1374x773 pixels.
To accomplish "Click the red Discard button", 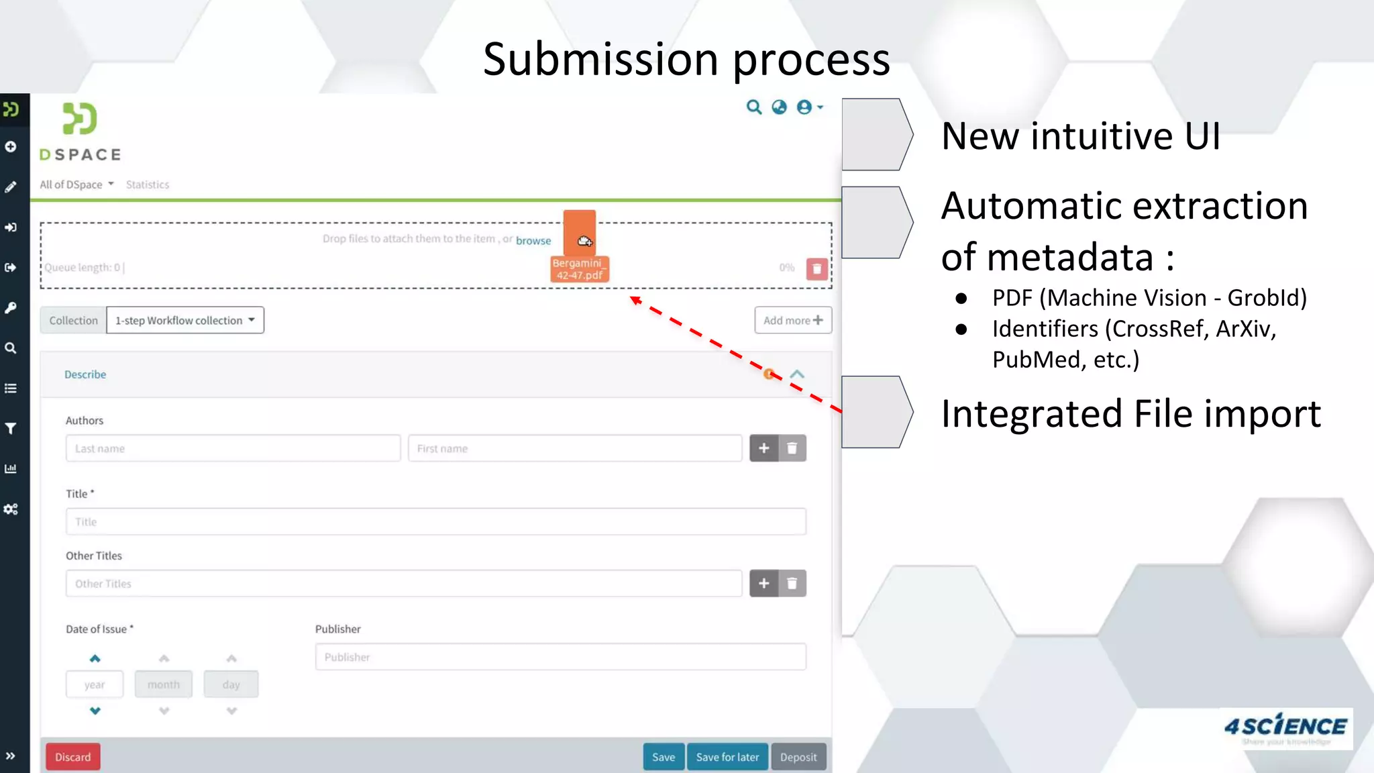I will [72, 757].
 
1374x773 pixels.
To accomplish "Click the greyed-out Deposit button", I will [798, 757].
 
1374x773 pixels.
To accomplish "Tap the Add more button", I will [793, 320].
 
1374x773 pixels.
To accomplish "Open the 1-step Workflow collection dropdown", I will [185, 320].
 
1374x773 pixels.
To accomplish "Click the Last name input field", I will [233, 448].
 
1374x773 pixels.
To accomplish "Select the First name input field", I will [575, 448].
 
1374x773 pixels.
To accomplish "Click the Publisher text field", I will [560, 657].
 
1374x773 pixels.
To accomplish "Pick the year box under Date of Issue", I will [95, 684].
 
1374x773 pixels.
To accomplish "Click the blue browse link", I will [533, 240].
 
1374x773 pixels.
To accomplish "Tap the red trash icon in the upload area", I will [816, 269].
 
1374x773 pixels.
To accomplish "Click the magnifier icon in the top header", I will [754, 107].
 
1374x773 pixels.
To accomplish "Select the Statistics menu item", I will [148, 185].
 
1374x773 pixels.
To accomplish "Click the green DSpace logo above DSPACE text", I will [80, 119].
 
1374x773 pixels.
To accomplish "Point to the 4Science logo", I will [1285, 728].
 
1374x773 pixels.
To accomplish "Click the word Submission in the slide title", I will [600, 59].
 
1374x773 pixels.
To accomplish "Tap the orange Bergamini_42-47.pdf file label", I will [580, 269].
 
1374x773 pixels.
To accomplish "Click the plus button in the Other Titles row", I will [763, 583].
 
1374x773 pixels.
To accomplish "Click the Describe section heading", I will [85, 374].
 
